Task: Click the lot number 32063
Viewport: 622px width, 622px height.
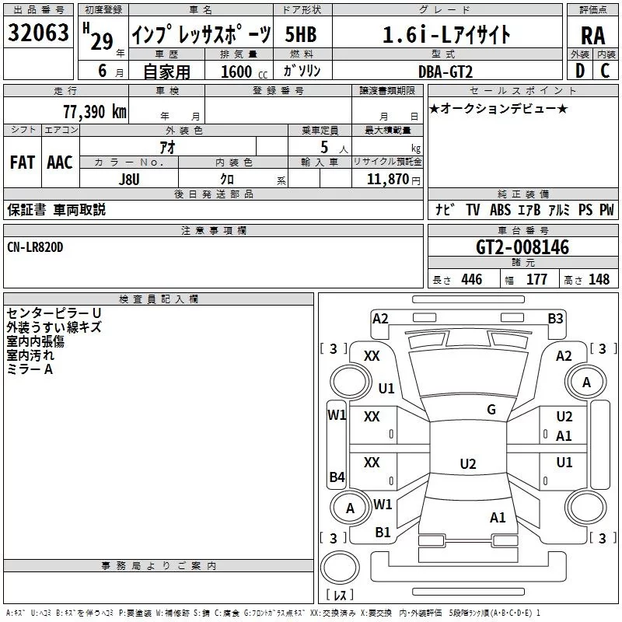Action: point(38,33)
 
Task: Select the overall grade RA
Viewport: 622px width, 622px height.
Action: point(593,36)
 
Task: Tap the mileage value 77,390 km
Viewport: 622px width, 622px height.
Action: point(95,112)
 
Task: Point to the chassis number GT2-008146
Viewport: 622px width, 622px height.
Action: point(522,247)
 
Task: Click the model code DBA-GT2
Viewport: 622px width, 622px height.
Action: point(446,72)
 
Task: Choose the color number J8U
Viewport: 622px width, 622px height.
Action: point(129,180)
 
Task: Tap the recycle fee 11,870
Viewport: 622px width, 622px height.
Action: point(387,180)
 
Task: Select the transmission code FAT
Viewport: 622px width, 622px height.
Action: point(23,162)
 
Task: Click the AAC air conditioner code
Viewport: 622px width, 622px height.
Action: point(60,162)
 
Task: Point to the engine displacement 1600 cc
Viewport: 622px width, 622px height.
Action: point(243,72)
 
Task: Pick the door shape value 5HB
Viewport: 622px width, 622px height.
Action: point(301,34)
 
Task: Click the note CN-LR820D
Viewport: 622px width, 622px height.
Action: point(35,247)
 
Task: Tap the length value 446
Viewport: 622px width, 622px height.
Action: point(472,279)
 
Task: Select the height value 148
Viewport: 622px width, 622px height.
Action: point(599,279)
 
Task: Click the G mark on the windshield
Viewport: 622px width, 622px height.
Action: point(491,410)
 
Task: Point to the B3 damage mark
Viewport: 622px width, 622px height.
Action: point(555,319)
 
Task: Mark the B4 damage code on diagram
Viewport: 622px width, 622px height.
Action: point(337,477)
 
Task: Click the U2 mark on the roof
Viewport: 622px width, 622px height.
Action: point(468,463)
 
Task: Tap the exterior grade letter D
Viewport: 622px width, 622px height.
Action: point(580,71)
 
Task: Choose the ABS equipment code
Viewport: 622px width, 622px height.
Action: point(500,210)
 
